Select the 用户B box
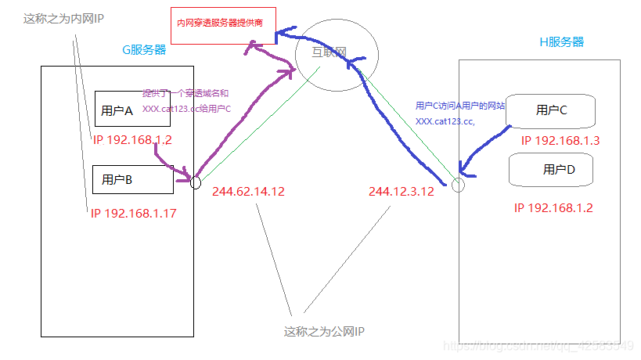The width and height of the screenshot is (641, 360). coord(132,179)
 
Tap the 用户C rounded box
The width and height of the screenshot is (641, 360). coord(551,110)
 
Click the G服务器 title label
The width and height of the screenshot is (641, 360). coord(144,49)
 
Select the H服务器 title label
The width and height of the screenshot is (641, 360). coord(562,41)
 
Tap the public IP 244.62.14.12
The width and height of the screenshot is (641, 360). coord(248,191)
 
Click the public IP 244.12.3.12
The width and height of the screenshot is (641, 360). coord(401,191)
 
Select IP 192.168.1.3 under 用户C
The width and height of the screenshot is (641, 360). coord(560,141)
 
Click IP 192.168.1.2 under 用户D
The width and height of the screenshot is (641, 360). coord(553,207)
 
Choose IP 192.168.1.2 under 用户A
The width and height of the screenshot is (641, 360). coord(132,140)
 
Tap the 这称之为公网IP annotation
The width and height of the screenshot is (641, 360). coord(324,332)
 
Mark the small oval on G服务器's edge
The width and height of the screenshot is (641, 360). coord(196,182)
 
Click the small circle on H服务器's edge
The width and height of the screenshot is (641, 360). coord(458,185)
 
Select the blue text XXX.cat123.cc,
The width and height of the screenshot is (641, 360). coord(445,121)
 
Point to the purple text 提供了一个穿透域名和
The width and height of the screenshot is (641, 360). coord(186,92)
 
